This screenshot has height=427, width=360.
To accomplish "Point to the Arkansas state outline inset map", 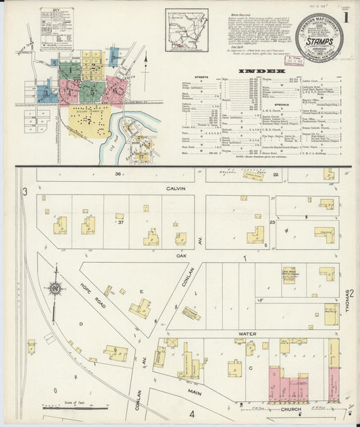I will pos(186,29).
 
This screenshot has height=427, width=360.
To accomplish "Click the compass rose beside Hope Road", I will pos(55,288).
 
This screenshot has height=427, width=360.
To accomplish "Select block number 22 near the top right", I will pos(276,174).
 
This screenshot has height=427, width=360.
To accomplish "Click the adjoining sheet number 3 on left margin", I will pos(24,193).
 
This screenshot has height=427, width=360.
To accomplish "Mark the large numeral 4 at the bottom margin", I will pos(191,413).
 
